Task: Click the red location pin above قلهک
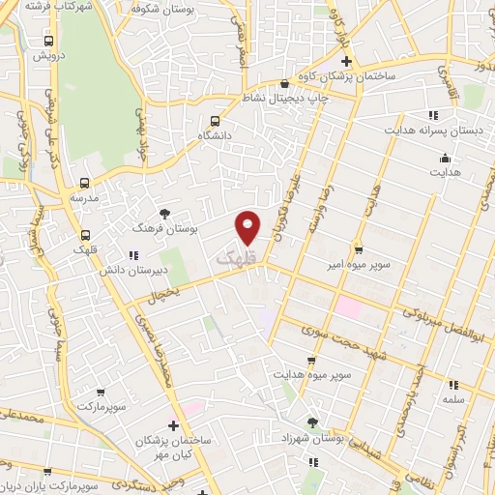click(248, 227)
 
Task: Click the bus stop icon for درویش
click(49, 42)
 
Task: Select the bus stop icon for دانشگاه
click(215, 122)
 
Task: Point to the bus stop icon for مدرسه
click(85, 182)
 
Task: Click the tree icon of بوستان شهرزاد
click(311, 422)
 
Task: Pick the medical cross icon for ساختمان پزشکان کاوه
click(359, 60)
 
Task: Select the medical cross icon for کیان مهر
click(173, 425)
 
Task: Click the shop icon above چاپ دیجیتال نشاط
click(282, 83)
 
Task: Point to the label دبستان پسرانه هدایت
click(420, 128)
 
